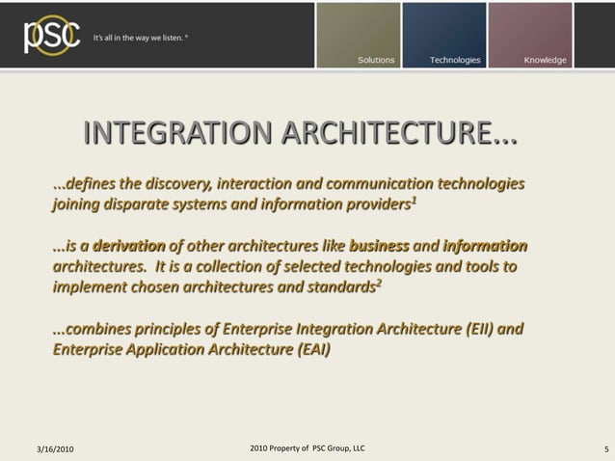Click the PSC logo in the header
[x=46, y=35]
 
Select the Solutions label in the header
[x=376, y=60]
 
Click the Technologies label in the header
[x=455, y=60]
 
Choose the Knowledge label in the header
[x=545, y=60]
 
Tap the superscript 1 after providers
[x=414, y=200]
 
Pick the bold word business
[x=380, y=246]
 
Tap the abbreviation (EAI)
[x=307, y=350]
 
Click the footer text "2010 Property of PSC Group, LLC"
[x=307, y=448]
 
